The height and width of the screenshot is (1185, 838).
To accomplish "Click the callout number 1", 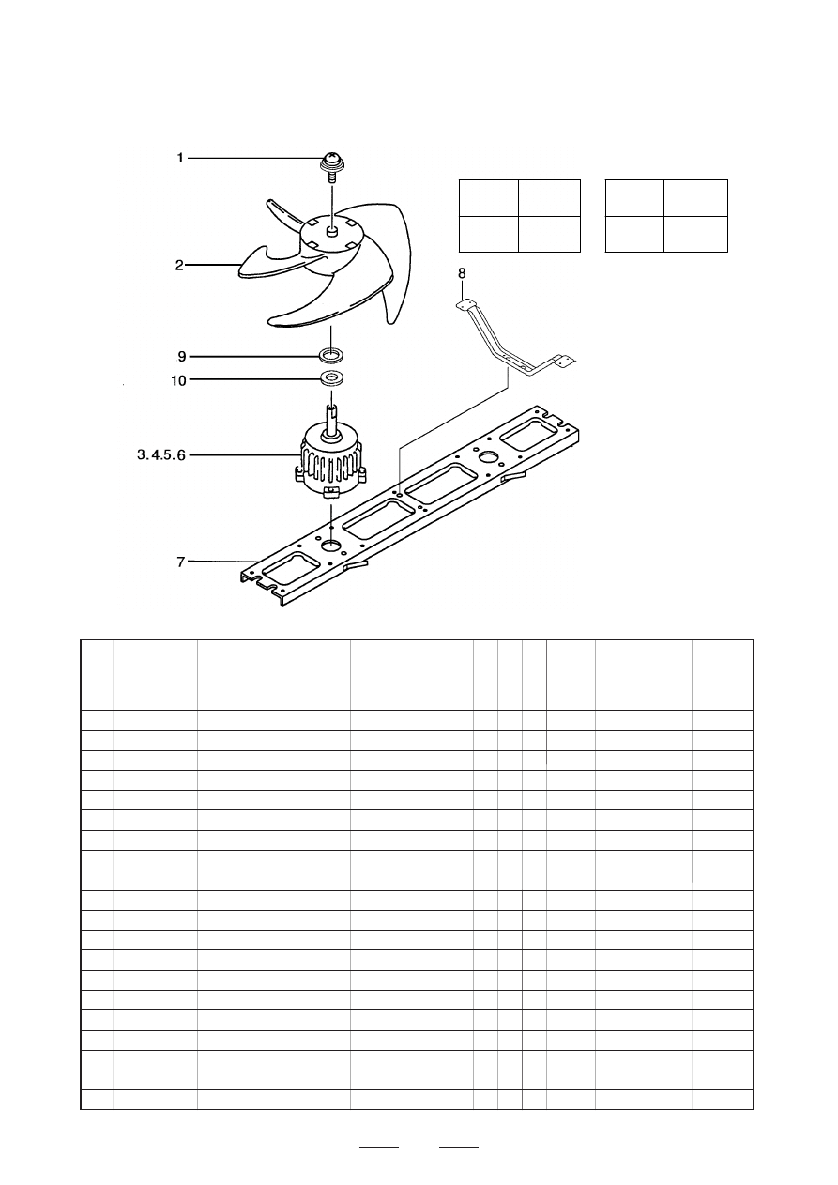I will (180, 159).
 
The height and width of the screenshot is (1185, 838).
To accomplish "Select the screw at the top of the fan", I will (331, 163).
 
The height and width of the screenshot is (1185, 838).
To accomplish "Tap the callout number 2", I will (179, 266).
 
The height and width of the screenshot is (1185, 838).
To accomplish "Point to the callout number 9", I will (181, 356).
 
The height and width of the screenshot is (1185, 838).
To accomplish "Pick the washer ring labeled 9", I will (331, 356).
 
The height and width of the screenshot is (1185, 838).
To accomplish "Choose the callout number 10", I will (178, 379).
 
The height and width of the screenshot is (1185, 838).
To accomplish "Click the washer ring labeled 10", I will (331, 379).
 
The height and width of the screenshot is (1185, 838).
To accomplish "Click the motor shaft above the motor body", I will (331, 419).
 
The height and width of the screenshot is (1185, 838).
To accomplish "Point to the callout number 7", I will (181, 562).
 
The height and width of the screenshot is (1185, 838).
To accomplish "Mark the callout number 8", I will (461, 273).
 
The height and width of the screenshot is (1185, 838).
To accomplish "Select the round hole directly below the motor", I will (332, 545).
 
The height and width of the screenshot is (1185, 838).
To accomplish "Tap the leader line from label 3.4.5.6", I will (244, 455).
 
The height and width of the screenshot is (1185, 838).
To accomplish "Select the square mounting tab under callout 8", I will (462, 304).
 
